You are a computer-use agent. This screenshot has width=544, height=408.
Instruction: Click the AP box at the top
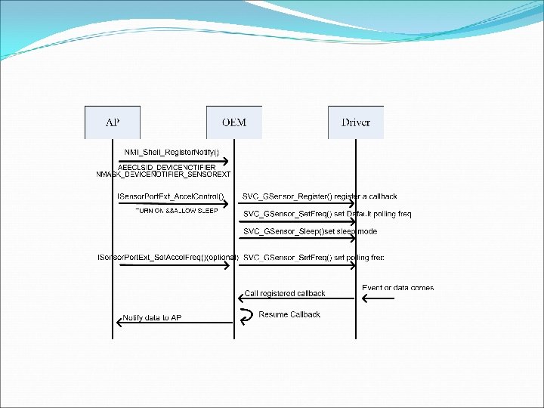coord(112,122)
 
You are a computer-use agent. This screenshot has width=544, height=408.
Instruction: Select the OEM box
coord(233,122)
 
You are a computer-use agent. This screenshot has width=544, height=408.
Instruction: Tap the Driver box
coord(355,122)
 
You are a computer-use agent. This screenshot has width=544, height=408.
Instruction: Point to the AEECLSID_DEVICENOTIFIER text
coord(167,167)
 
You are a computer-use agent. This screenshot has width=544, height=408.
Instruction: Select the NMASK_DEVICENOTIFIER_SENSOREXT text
coord(163,175)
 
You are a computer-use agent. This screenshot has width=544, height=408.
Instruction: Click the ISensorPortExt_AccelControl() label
coord(171,196)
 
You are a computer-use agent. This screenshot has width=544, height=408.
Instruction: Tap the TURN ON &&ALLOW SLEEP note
coord(176,211)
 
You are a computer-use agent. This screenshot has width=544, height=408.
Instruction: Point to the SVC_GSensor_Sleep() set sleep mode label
coord(310,231)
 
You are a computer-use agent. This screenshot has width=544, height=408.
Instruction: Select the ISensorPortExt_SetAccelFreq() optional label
coord(168,258)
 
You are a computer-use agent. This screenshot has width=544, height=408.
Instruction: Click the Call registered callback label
coord(285,293)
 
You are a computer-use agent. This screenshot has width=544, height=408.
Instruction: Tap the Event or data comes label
coord(398,287)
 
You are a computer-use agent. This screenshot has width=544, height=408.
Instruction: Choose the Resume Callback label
coord(289,314)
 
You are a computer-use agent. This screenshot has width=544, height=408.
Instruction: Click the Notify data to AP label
coord(152,317)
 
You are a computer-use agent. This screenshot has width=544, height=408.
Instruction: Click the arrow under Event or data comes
coord(378,298)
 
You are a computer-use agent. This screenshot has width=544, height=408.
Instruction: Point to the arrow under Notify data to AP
coord(174,323)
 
